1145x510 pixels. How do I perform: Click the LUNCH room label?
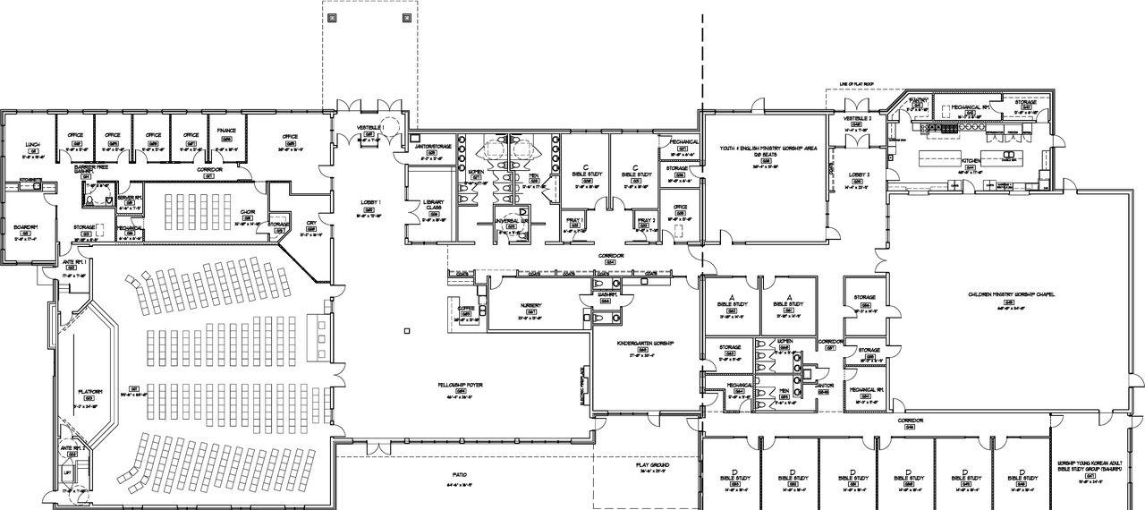[x=32, y=144]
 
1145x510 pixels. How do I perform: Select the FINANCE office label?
[x=226, y=131]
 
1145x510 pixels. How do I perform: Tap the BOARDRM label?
[x=25, y=226]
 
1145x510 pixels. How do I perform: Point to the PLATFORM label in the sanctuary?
[x=91, y=391]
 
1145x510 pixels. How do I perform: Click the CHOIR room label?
[x=248, y=212]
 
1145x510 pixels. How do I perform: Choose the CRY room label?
[x=311, y=223]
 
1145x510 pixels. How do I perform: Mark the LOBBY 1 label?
[x=370, y=203]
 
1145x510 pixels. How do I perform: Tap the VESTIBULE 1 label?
[x=370, y=128]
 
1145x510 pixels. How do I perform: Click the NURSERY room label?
[x=530, y=304]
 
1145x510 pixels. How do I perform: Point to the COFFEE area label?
[x=465, y=307]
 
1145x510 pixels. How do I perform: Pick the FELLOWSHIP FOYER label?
[x=461, y=384]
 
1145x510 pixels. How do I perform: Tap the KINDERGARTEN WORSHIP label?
[x=639, y=343]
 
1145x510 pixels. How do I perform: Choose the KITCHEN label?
[x=971, y=160]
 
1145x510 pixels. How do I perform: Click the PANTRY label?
[x=920, y=101]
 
